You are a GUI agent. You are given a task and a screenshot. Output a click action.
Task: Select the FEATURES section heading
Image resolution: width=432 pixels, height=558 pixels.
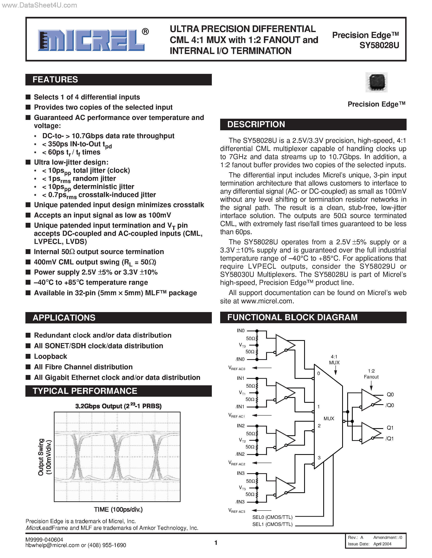pos(55,80)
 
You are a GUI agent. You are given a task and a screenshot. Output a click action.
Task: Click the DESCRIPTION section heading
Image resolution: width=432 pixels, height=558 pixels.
pos(256,124)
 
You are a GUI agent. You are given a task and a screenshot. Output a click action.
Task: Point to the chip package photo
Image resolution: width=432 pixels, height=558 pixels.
pos(377,82)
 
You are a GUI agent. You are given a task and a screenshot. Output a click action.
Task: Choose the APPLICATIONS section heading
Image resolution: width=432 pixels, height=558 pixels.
pos(64,318)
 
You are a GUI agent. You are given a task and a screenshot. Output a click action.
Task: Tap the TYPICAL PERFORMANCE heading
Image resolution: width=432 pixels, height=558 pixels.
pos(85,391)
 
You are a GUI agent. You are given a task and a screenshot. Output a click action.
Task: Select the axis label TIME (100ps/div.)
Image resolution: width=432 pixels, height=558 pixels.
pos(118,510)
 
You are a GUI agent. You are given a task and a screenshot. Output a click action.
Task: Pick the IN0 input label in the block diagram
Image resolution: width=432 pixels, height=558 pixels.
pos(240,331)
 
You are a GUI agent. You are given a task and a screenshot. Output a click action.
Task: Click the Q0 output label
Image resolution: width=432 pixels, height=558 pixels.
pos(390,394)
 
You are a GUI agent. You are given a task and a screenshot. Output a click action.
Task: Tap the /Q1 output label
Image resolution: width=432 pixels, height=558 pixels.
pos(390,438)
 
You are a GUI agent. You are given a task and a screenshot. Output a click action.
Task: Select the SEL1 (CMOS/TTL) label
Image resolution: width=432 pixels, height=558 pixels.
pos(272,524)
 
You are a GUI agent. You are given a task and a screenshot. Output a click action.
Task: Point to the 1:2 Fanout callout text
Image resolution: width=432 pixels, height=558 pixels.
pos(371,374)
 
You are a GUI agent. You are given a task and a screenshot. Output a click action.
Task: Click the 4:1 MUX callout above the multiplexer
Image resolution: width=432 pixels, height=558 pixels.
pos(334,360)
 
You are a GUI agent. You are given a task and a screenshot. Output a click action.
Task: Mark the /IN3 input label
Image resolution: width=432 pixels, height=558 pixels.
pos(240,502)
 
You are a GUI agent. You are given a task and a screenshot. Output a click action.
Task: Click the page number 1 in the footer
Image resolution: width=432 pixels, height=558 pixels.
pos(216,543)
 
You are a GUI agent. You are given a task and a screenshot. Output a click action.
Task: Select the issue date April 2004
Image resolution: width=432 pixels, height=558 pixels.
pos(382,544)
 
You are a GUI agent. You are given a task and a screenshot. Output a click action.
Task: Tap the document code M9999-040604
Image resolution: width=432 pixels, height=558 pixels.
pos(44,539)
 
